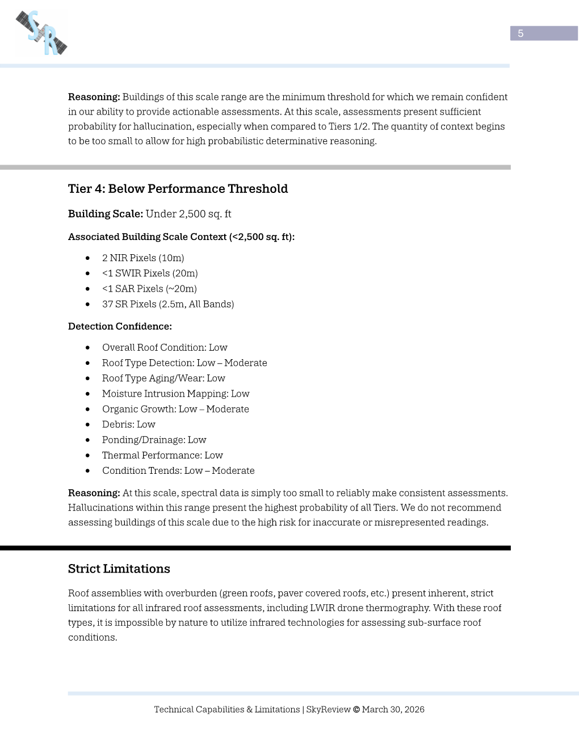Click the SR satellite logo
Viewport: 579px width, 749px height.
click(41, 33)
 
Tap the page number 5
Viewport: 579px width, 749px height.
click(521, 33)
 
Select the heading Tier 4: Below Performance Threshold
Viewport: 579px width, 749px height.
click(178, 189)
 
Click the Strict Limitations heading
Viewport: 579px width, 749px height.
click(119, 569)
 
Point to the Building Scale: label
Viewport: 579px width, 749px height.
click(105, 214)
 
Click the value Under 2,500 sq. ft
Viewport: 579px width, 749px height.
click(188, 214)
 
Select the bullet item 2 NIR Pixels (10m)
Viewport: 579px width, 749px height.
click(143, 258)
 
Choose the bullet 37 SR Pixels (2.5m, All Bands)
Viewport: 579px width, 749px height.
click(168, 304)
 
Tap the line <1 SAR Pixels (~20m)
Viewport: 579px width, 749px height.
click(149, 289)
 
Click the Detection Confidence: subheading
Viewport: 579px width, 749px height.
click(120, 326)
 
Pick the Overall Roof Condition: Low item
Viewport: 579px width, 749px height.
click(165, 347)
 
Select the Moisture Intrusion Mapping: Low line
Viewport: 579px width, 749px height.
click(175, 394)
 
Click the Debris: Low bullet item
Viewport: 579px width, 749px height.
click(129, 424)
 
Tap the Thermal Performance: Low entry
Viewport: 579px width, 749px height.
click(162, 455)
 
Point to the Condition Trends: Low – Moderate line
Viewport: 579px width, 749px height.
click(178, 470)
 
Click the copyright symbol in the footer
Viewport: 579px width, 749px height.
click(356, 710)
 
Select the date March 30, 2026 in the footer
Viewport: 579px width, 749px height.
click(393, 710)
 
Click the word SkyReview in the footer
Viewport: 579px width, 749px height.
click(328, 710)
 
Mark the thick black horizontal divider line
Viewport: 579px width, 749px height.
click(255, 548)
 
